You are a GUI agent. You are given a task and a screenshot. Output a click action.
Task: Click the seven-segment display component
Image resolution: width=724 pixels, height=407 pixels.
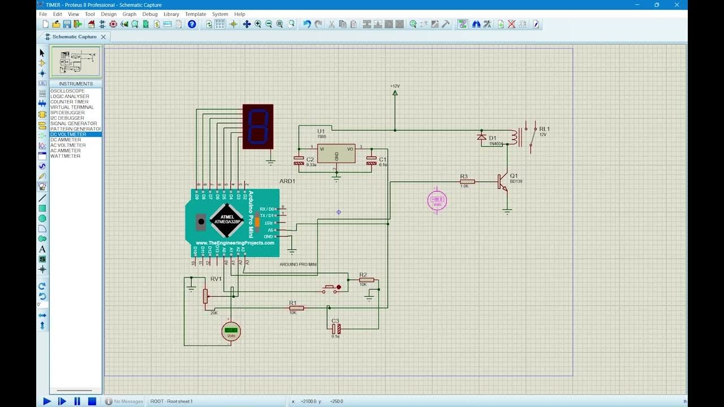pyautogui.click(x=257, y=126)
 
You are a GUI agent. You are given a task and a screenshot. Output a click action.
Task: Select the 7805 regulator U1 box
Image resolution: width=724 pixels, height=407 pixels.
pyautogui.click(x=336, y=153)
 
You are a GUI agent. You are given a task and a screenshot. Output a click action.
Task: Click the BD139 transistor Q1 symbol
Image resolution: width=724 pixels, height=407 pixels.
pyautogui.click(x=502, y=181)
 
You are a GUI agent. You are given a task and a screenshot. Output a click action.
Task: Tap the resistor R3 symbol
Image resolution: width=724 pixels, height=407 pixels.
pyautogui.click(x=467, y=181)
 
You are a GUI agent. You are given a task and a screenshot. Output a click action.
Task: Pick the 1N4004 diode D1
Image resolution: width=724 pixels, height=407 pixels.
pyautogui.click(x=482, y=137)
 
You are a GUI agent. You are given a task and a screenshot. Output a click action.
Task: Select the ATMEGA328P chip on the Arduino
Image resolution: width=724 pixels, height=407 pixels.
pyautogui.click(x=227, y=220)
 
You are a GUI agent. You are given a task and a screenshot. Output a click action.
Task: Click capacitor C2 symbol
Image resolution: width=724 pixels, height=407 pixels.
pyautogui.click(x=299, y=161)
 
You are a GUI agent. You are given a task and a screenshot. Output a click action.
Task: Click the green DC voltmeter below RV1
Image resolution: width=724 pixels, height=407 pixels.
pyautogui.click(x=231, y=332)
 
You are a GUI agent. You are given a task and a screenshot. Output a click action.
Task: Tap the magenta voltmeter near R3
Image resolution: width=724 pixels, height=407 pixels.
pyautogui.click(x=437, y=200)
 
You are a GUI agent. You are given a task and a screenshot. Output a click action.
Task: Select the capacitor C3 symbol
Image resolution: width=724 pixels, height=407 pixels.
pyautogui.click(x=336, y=328)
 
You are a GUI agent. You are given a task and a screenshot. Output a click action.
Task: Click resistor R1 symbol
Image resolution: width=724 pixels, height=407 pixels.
pyautogui.click(x=296, y=308)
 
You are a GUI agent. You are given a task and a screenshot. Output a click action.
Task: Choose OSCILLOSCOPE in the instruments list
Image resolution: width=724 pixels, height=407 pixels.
pyautogui.click(x=67, y=91)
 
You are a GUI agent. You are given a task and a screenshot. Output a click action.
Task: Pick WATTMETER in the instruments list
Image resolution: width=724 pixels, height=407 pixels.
pyautogui.click(x=65, y=156)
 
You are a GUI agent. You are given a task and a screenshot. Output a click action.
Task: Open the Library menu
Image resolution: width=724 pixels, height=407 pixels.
pyautogui.click(x=171, y=14)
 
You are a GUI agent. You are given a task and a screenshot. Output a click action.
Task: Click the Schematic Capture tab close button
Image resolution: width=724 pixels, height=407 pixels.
pyautogui.click(x=103, y=37)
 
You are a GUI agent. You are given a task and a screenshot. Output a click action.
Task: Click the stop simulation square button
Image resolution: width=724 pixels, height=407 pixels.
pyautogui.click(x=92, y=401)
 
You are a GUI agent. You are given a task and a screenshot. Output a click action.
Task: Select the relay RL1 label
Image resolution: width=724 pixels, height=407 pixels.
pyautogui.click(x=544, y=129)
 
